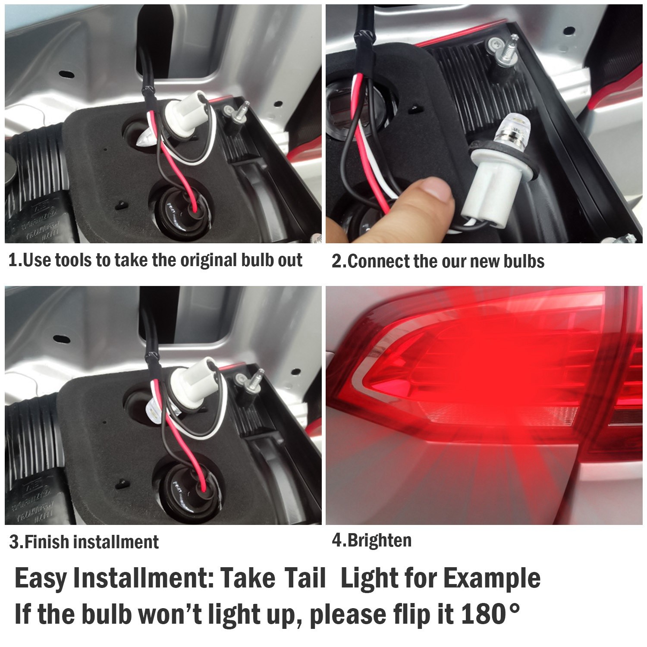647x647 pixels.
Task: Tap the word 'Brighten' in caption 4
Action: (379, 540)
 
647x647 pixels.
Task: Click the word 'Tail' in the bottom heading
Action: (305, 578)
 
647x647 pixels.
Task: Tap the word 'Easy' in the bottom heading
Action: (41, 578)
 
